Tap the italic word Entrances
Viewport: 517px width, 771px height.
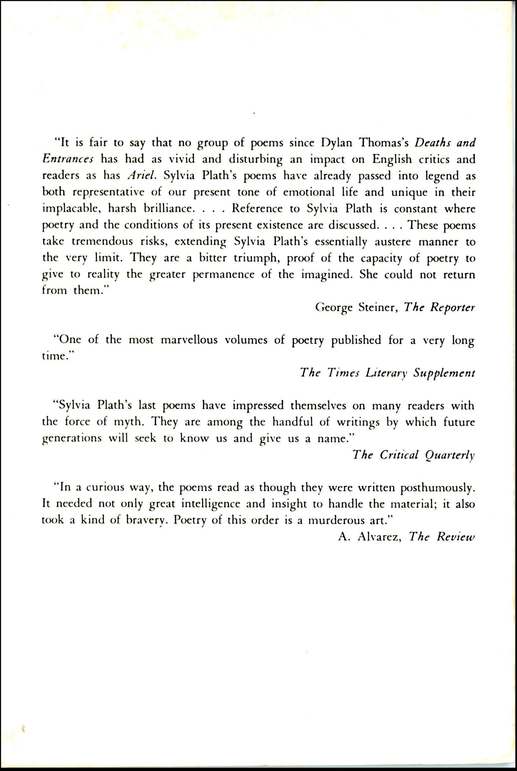68,160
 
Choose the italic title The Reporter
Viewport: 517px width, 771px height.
439,308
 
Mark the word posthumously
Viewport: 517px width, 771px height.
437,488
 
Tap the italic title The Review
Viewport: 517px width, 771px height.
442,537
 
